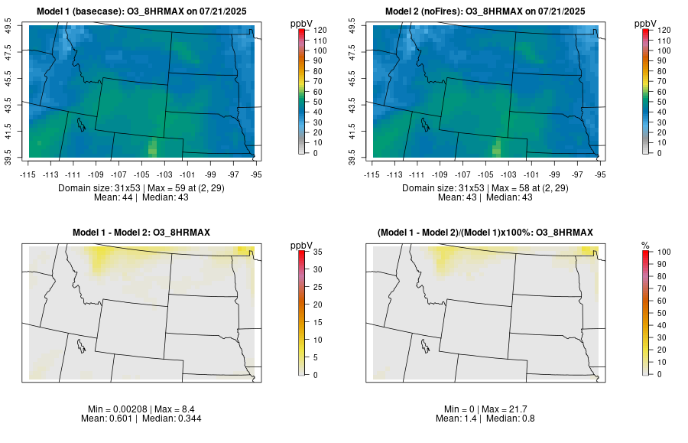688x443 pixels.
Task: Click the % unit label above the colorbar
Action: click(x=645, y=245)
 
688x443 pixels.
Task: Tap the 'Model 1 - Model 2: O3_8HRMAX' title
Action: click(x=141, y=232)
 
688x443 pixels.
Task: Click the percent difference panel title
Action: click(x=485, y=232)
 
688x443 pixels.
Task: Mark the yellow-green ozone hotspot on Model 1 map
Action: click(x=152, y=146)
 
